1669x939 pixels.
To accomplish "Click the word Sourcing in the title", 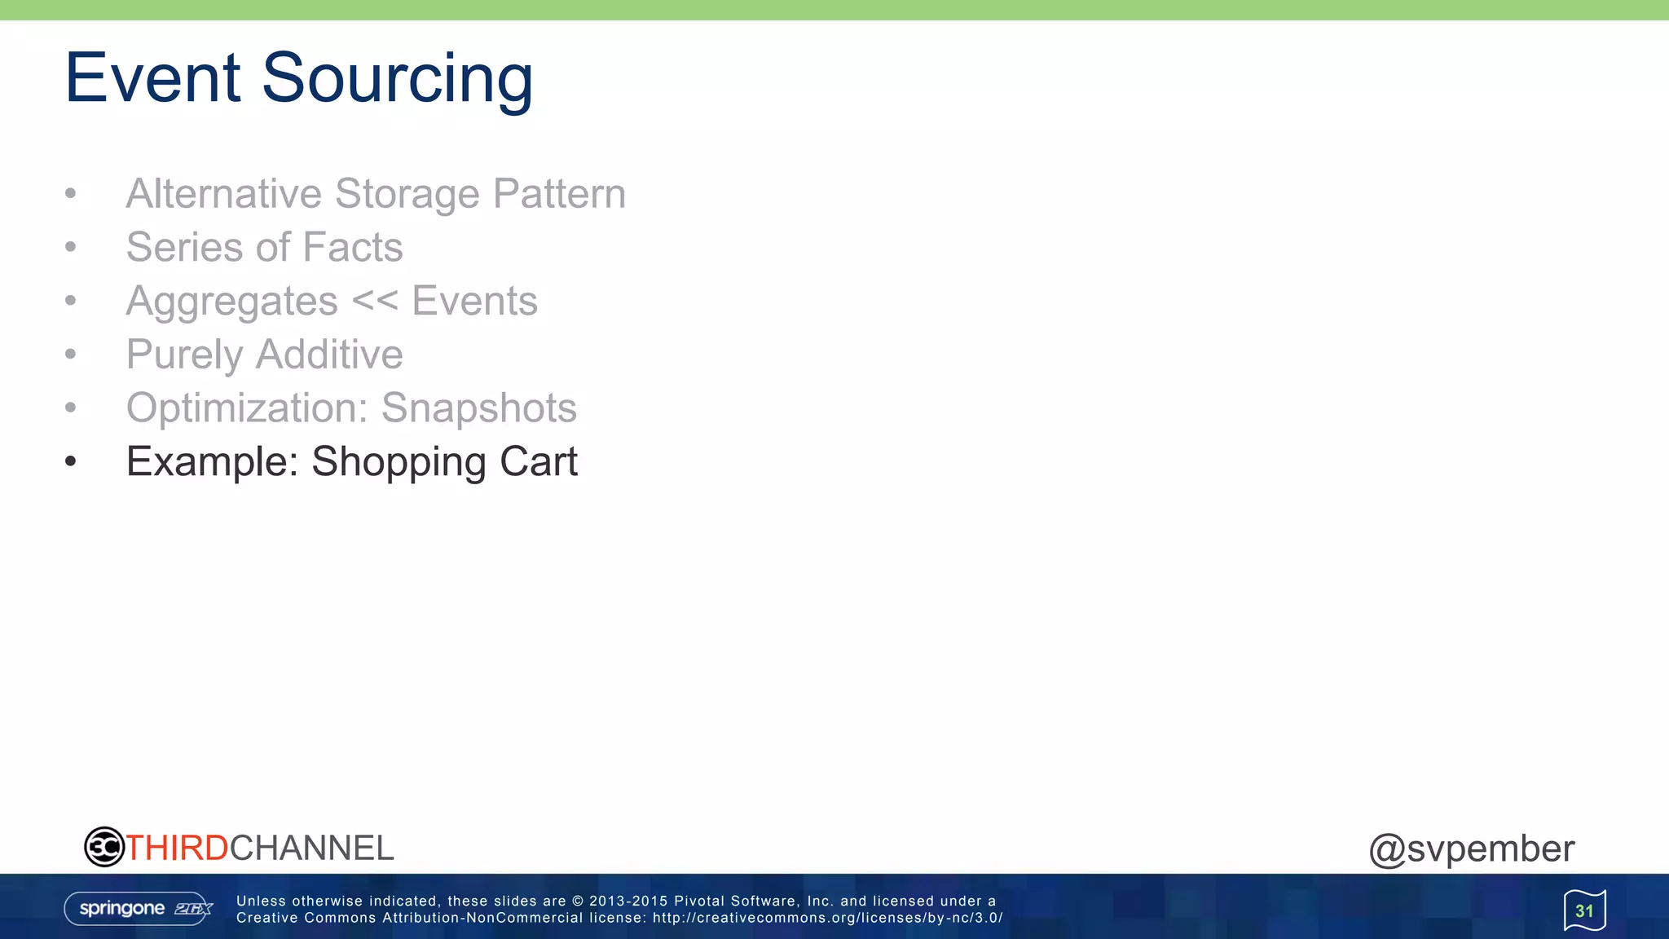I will (397, 79).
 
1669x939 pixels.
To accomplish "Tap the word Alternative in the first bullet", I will (224, 194).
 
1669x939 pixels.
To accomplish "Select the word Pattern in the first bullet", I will (559, 194).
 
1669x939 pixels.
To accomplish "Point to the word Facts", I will (353, 247).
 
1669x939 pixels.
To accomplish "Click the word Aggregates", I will (231, 302).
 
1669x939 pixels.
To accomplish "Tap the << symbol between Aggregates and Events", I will (375, 301).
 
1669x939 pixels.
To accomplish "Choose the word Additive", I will (329, 355).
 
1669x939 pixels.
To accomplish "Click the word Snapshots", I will (478, 408).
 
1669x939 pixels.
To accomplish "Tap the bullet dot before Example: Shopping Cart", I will (71, 461).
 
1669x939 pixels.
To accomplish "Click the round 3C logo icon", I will (104, 847).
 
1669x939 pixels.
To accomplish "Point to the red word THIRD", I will (177, 848).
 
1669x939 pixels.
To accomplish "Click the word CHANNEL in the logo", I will (311, 848).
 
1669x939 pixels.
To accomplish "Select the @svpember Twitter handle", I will (1471, 849).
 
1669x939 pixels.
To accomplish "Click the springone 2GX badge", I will (139, 908).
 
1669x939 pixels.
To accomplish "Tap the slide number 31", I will (1584, 910).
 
